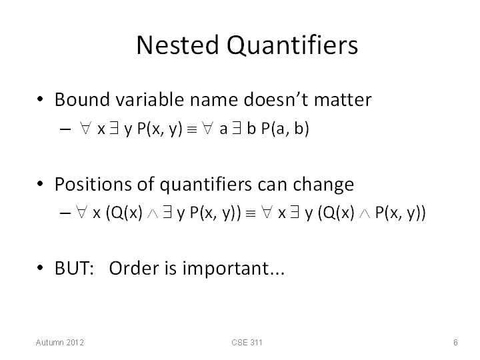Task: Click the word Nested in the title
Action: pos(177,45)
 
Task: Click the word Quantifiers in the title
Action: pos(293,45)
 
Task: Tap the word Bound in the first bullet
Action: pos(82,99)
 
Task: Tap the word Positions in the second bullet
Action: pos(93,184)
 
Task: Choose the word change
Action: pos(323,185)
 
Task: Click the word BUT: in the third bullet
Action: pos(75,268)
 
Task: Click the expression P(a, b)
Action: pos(285,128)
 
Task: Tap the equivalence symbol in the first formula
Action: pos(192,130)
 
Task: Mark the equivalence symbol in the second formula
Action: pos(251,214)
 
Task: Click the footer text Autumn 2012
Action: pos(60,342)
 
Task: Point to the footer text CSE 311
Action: pos(247,342)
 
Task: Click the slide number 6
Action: pos(455,342)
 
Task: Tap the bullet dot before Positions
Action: pos(40,184)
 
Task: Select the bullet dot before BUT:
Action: pos(40,268)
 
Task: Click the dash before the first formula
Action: pos(65,130)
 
